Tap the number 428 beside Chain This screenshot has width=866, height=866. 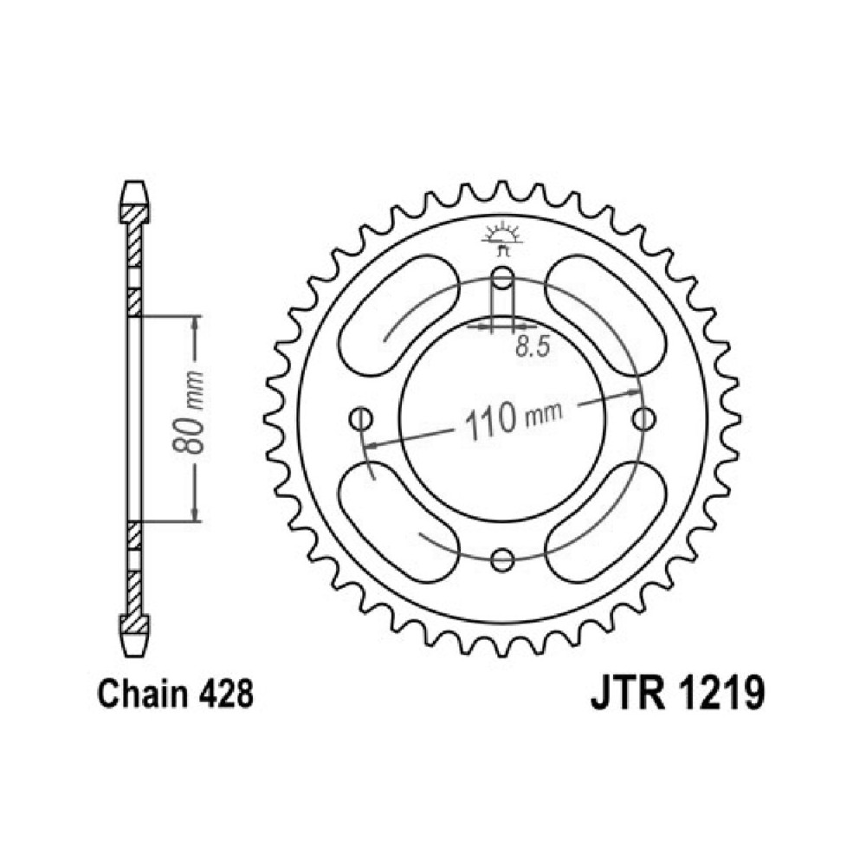point(225,694)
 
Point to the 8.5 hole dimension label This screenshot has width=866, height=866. point(533,347)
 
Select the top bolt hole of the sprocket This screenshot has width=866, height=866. point(502,277)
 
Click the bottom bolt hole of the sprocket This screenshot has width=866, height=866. point(502,560)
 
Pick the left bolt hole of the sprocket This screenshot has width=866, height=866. point(361,418)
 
